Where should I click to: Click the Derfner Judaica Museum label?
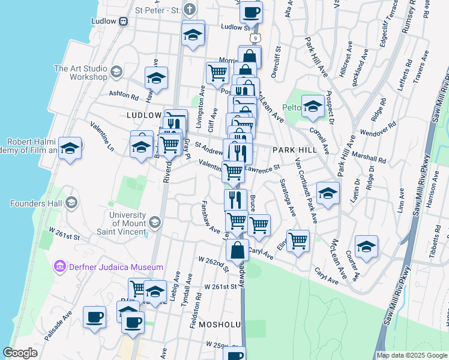(115, 266)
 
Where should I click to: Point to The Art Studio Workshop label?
(80, 73)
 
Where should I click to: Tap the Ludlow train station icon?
(124, 22)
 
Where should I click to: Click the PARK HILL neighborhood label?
(294, 149)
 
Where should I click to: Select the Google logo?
(20, 353)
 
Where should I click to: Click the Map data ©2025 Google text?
(412, 355)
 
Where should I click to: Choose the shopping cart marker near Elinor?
(298, 240)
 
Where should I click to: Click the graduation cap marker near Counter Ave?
(366, 245)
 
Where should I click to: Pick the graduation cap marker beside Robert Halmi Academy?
(70, 148)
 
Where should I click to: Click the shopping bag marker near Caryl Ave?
(238, 249)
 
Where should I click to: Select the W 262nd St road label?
(213, 263)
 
